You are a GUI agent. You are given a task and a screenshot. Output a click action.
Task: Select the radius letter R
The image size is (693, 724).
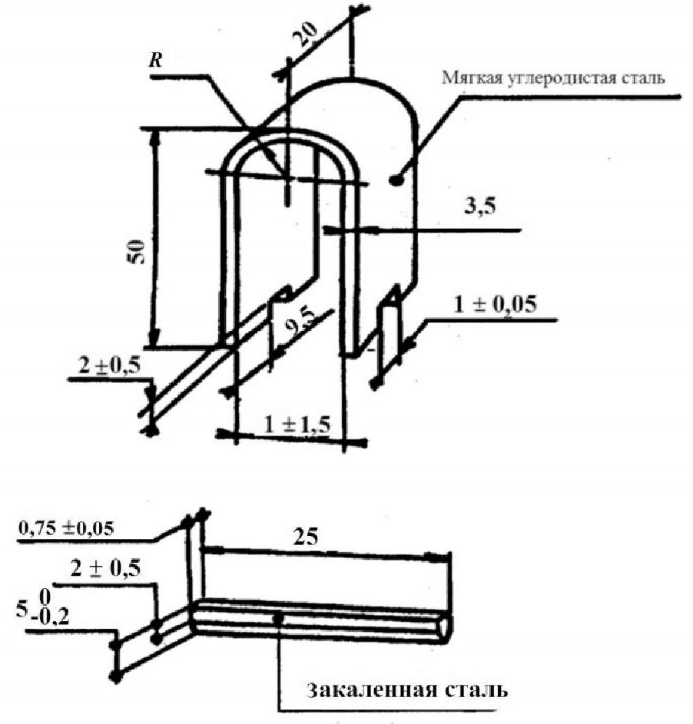156,61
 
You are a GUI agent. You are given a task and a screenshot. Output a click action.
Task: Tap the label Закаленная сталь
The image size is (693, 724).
407,689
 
